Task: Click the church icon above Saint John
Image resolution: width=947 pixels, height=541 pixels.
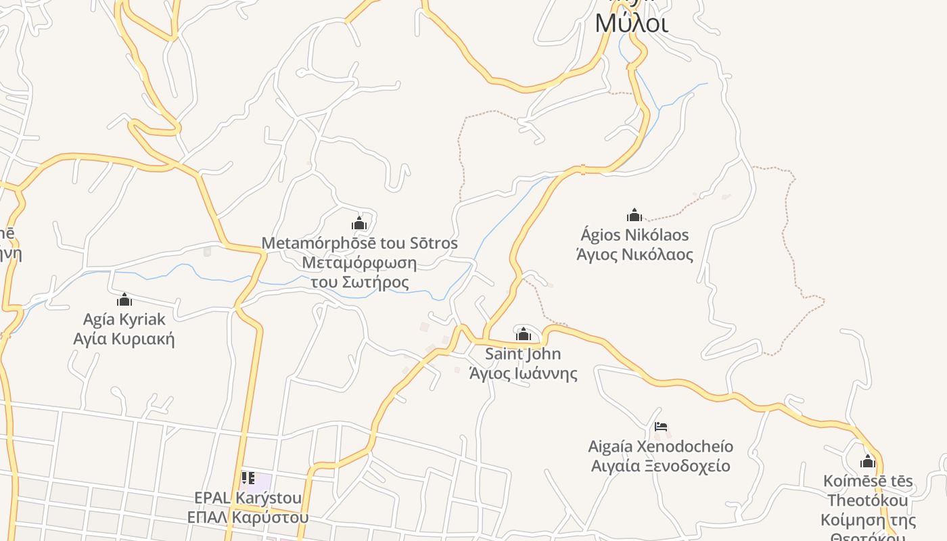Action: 524,334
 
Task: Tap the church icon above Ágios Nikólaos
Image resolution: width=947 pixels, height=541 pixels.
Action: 634,215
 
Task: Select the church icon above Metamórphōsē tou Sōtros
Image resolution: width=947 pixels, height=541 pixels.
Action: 359,223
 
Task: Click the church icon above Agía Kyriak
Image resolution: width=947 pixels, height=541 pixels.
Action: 124,300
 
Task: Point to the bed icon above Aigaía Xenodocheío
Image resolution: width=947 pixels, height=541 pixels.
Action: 661,427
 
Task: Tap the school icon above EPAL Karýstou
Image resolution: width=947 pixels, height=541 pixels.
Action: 248,478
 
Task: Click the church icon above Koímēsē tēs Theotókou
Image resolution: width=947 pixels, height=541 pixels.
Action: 868,462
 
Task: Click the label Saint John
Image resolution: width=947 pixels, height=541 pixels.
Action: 523,354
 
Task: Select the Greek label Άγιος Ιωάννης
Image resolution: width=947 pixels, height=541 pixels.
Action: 524,373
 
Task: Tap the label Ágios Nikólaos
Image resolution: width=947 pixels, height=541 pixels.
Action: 634,235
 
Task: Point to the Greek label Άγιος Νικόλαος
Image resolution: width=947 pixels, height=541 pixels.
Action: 634,255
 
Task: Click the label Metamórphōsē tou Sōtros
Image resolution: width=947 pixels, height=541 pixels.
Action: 359,243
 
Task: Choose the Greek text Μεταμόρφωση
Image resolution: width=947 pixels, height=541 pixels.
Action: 359,263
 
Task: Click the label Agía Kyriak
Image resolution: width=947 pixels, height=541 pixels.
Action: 124,319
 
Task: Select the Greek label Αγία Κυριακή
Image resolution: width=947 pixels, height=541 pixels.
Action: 124,338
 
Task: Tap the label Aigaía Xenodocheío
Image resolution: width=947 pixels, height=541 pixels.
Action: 660,446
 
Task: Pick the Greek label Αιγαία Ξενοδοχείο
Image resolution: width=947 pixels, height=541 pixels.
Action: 660,466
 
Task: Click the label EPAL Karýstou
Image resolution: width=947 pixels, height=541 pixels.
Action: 248,498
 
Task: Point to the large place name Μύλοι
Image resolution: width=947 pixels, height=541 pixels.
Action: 632,24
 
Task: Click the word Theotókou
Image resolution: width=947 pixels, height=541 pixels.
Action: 868,500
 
